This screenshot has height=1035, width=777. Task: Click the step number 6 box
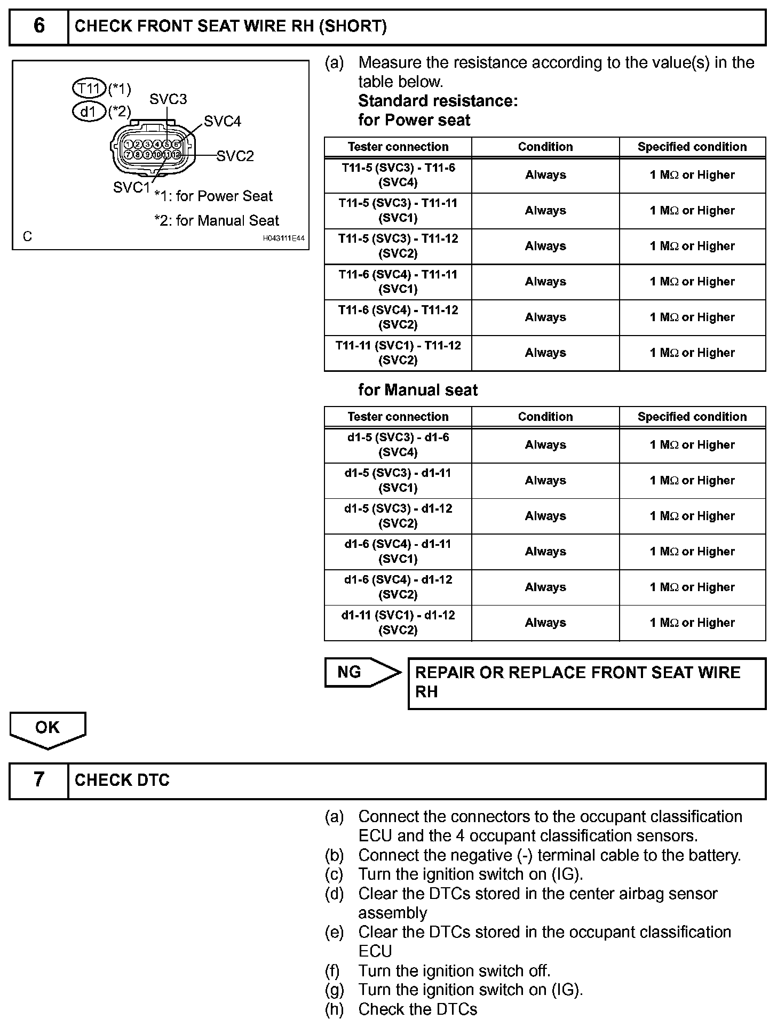(x=39, y=26)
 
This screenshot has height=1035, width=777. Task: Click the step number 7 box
(x=39, y=781)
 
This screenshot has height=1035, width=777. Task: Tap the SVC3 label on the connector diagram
(x=168, y=99)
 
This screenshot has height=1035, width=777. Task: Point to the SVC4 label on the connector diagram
(x=223, y=122)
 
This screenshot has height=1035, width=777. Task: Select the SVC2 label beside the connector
(x=235, y=156)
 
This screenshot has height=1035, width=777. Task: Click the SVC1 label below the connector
(x=132, y=187)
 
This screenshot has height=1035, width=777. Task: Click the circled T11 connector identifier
(x=89, y=88)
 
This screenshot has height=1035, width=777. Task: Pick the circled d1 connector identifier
(x=89, y=112)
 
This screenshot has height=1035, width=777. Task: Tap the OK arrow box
(x=47, y=728)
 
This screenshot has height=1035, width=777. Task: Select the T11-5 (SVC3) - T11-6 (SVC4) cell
(x=398, y=175)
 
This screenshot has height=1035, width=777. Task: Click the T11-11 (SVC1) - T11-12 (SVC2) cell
(x=398, y=353)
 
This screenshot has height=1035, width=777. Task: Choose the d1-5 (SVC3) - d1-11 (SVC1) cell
(x=398, y=480)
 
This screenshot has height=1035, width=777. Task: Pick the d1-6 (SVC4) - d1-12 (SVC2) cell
(x=398, y=587)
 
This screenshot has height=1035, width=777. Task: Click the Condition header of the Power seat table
(x=545, y=147)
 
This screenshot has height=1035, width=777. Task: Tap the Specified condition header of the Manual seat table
(x=692, y=417)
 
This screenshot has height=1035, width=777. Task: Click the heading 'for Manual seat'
(x=418, y=390)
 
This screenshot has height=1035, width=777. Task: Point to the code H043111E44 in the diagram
(x=283, y=238)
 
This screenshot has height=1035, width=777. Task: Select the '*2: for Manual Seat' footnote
(x=217, y=220)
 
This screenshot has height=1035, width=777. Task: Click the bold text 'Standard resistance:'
(x=438, y=101)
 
